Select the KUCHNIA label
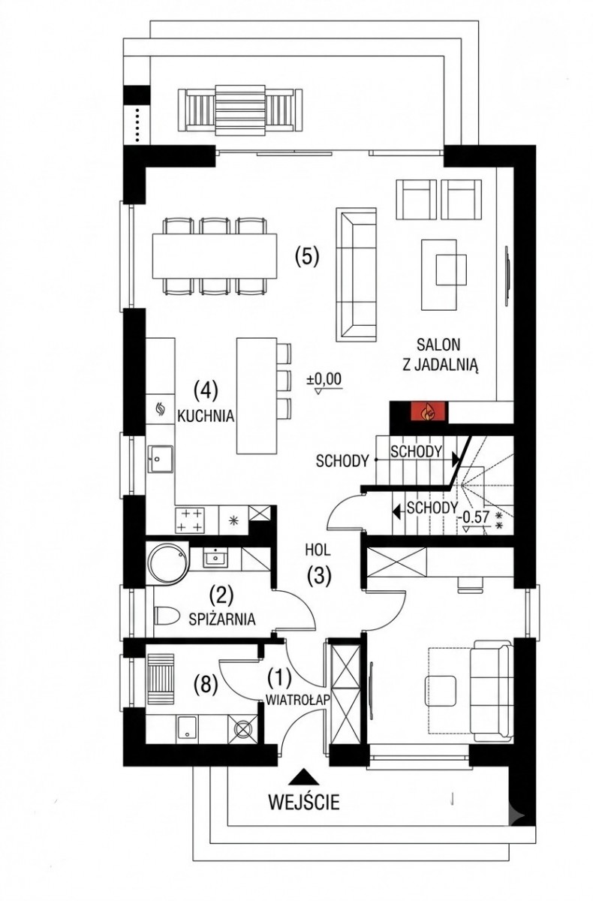[x=206, y=416]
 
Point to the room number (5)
[x=307, y=256]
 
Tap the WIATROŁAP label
[x=297, y=701]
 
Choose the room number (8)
[x=205, y=684]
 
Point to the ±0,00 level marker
[x=324, y=382]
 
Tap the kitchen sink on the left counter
[x=161, y=459]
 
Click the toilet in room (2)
[x=167, y=616]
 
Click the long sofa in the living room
[x=357, y=274]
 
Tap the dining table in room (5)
[x=215, y=256]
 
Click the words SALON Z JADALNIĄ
[x=441, y=356]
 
